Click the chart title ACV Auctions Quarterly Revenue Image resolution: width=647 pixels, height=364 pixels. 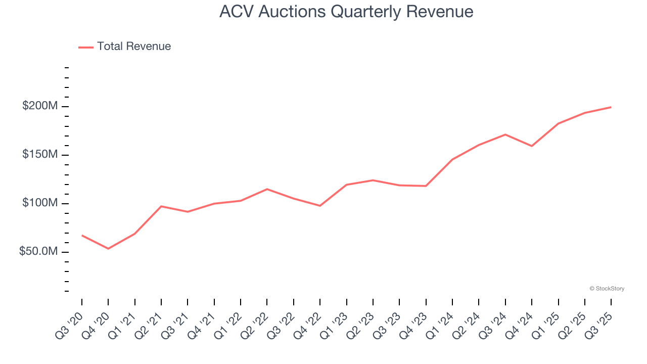tap(346, 12)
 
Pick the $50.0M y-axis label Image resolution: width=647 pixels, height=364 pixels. tap(38, 252)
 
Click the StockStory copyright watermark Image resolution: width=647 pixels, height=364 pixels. tap(607, 289)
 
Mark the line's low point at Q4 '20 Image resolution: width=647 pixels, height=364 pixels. tap(108, 249)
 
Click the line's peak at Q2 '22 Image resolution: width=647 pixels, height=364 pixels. tap(267, 189)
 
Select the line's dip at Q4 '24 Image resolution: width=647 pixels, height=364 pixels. tap(532, 146)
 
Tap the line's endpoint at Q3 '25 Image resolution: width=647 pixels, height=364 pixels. tap(611, 107)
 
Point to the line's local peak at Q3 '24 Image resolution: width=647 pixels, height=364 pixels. tap(505, 134)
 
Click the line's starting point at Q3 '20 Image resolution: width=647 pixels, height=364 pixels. tap(82, 235)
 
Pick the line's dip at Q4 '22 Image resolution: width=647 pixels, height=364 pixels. tap(320, 206)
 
